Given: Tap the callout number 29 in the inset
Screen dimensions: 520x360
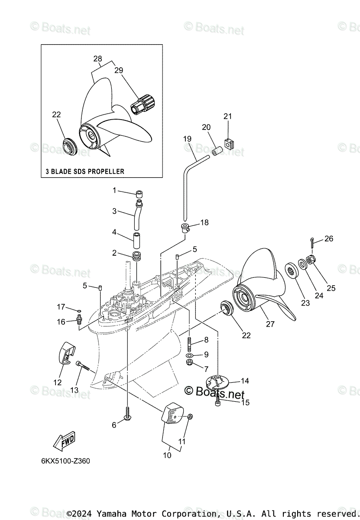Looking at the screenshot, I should coord(119,70).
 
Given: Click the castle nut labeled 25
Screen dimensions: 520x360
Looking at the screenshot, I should coord(310,260).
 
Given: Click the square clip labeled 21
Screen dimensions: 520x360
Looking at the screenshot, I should coord(229,143).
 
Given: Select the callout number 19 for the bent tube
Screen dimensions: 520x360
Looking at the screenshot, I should coord(187,139).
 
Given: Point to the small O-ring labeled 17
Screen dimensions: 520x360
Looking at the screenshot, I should coord(78,311).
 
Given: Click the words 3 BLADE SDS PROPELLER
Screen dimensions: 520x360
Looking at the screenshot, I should coord(85,171).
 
